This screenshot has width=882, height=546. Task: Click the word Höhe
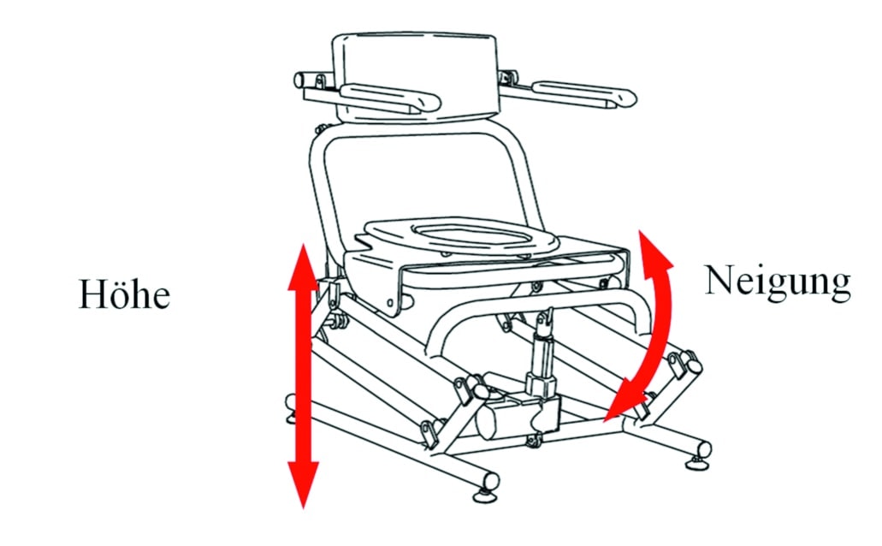(x=124, y=294)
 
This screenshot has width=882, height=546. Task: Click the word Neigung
(x=778, y=282)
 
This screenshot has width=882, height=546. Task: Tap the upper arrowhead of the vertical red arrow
(x=303, y=267)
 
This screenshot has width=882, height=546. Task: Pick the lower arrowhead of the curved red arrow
(x=625, y=401)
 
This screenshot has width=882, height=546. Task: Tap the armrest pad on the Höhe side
(x=390, y=98)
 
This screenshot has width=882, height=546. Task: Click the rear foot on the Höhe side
(x=292, y=408)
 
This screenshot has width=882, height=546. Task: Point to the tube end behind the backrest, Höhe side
(x=299, y=80)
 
